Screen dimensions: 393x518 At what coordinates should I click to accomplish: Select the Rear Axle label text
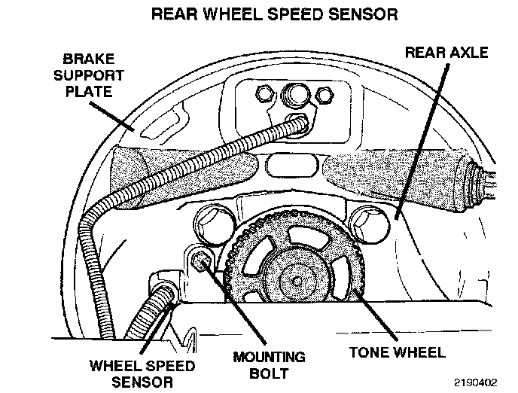[x=446, y=53]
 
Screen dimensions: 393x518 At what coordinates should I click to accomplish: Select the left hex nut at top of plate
[x=264, y=94]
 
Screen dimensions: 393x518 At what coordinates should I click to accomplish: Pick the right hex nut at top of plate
[x=325, y=95]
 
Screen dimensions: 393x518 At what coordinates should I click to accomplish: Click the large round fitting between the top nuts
[x=294, y=96]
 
